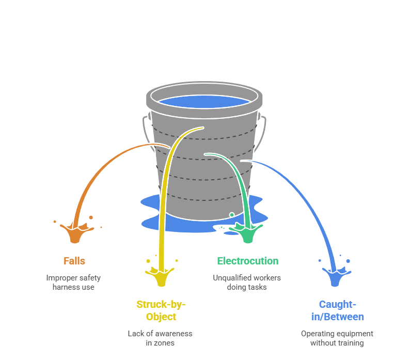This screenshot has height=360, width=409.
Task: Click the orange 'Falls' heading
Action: click(74, 261)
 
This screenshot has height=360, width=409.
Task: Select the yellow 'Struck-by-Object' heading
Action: click(161, 310)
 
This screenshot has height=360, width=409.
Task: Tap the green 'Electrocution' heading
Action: click(247, 261)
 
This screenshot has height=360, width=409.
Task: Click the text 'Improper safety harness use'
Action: click(73, 282)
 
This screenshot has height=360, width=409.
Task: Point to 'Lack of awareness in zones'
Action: click(160, 338)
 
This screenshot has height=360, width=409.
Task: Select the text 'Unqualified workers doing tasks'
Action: click(247, 282)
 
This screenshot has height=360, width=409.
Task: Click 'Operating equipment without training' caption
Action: click(337, 338)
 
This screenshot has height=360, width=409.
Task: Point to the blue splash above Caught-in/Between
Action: click(336, 276)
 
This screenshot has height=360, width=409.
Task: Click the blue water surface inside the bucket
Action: click(204, 101)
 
